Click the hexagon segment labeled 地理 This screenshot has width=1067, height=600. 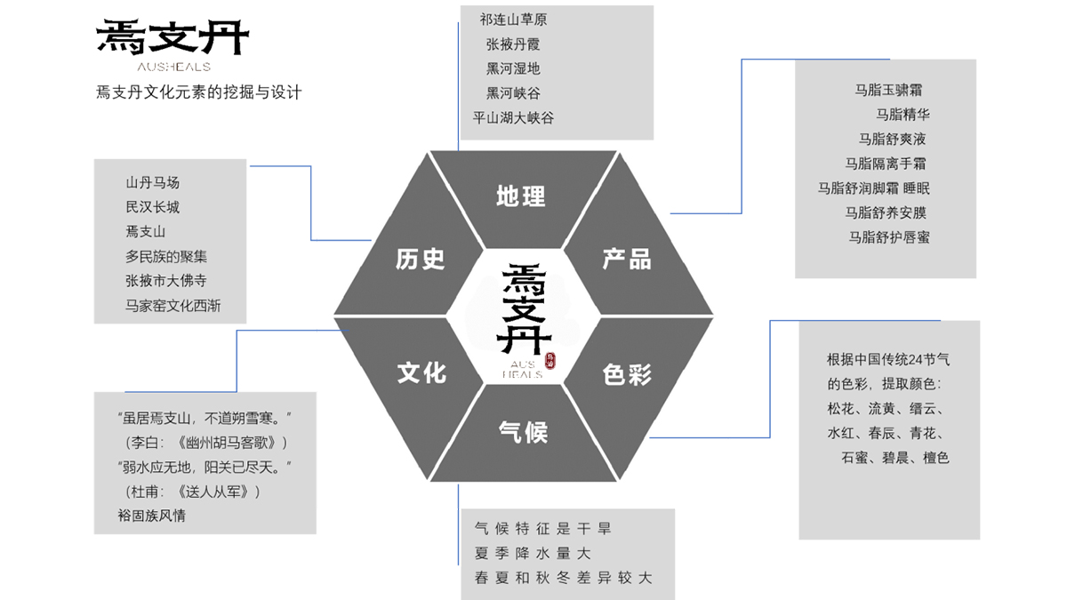(521, 196)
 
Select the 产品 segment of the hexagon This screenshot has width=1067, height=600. (627, 259)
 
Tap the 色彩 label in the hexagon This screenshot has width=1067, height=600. (627, 374)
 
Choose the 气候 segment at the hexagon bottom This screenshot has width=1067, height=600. (523, 433)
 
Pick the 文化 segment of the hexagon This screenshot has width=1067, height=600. (421, 372)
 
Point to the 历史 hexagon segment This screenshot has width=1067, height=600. (420, 259)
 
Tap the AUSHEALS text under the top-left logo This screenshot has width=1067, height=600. (173, 67)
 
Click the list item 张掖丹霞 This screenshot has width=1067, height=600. (513, 44)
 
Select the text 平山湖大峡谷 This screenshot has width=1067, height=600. (513, 117)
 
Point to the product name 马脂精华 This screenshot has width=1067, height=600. (903, 114)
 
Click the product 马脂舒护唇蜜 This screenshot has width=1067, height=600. (889, 237)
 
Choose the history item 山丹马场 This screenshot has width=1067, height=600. (153, 182)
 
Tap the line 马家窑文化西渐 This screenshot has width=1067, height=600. (172, 306)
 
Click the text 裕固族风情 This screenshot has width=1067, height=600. (152, 515)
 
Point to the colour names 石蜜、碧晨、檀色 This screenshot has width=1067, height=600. (895, 458)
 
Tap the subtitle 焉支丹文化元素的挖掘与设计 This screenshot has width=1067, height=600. (199, 92)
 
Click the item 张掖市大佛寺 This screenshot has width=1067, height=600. (166, 281)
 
